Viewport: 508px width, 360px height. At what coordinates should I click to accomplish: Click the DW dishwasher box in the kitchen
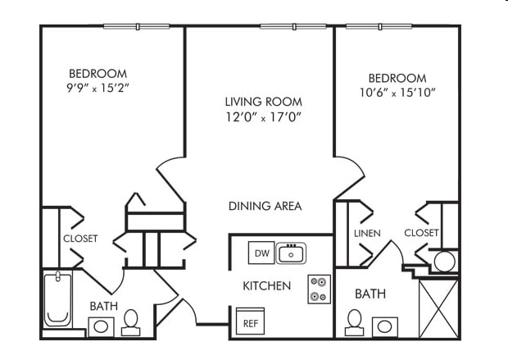[x=260, y=253]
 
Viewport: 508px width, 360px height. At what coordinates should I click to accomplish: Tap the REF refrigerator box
[x=249, y=323]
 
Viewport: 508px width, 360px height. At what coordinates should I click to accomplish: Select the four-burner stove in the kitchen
[x=319, y=289]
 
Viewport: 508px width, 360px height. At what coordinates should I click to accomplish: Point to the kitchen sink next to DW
[x=291, y=253]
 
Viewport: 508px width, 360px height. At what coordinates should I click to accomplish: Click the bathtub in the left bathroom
[x=57, y=299]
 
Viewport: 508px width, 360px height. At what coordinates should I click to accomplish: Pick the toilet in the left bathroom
[x=131, y=323]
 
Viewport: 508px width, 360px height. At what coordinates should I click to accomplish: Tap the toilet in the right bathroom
[x=355, y=322]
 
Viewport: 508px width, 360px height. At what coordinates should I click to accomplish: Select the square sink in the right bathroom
[x=384, y=326]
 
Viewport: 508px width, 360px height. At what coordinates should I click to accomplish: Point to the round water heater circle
[x=445, y=262]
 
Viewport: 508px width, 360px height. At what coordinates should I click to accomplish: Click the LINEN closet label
[x=367, y=233]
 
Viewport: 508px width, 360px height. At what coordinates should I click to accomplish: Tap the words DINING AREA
[x=265, y=206]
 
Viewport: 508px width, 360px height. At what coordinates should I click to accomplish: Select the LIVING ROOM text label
[x=264, y=102]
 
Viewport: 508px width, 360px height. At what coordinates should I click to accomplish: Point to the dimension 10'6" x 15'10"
[x=397, y=93]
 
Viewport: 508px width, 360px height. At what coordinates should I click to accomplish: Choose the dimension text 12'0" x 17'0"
[x=264, y=117]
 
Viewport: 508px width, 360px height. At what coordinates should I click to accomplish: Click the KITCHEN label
[x=266, y=286]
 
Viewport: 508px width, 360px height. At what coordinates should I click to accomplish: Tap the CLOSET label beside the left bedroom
[x=80, y=239]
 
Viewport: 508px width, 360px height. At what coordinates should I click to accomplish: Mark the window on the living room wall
[x=293, y=26]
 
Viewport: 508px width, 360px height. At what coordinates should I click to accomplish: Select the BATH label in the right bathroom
[x=370, y=294]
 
